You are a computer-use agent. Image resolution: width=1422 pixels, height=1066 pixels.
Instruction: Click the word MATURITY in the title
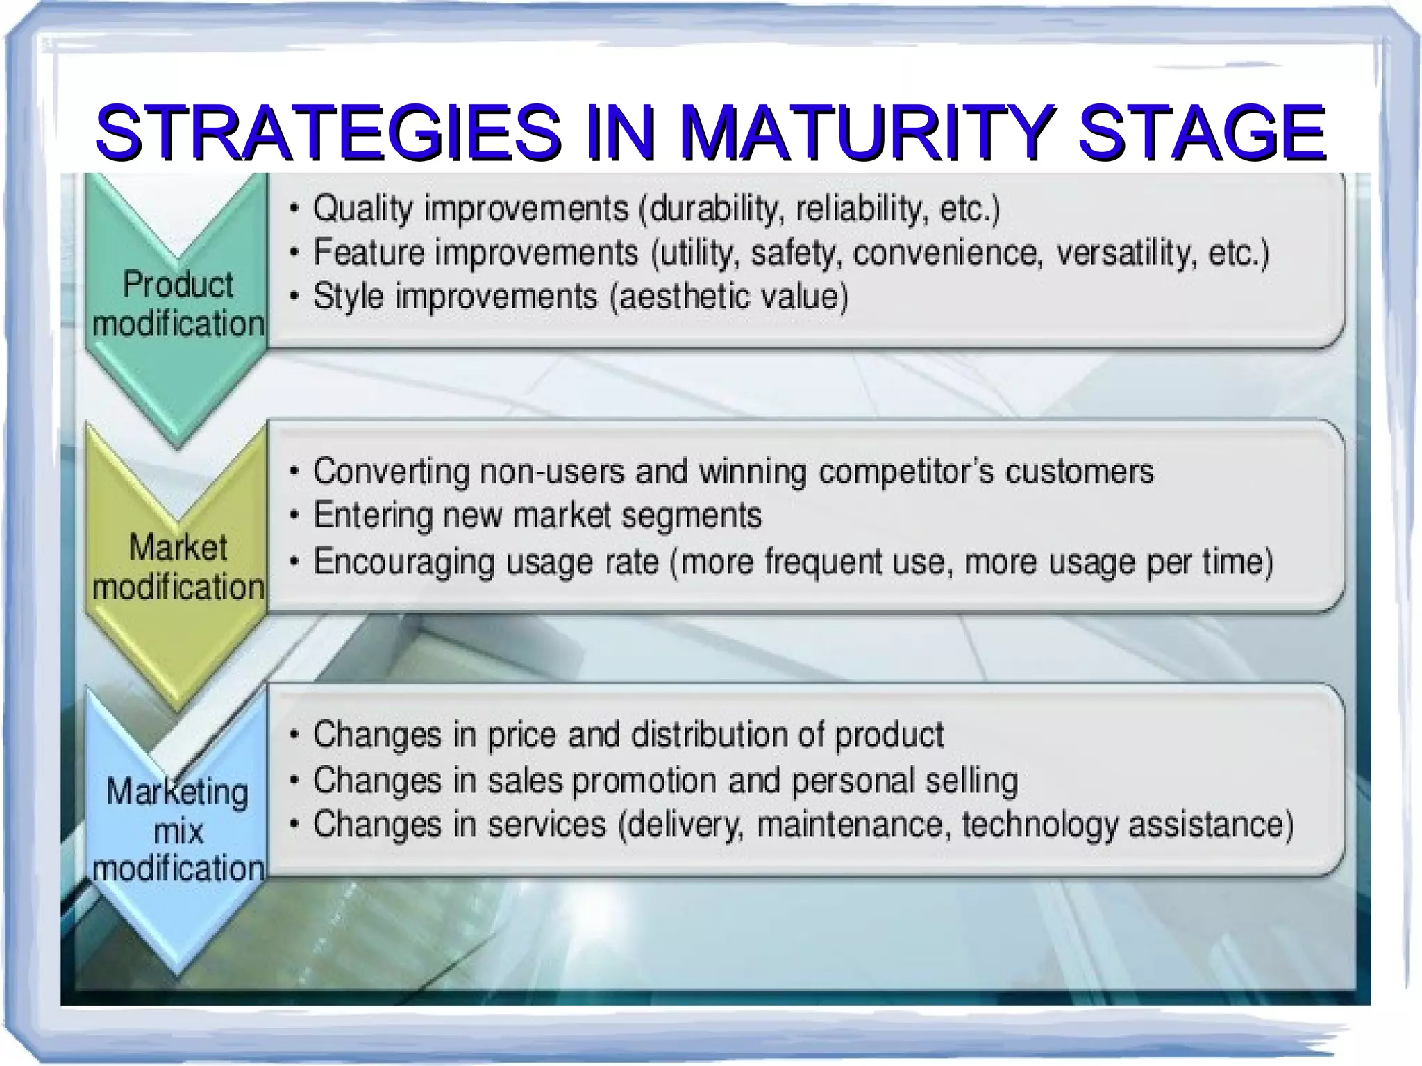pyautogui.click(x=868, y=132)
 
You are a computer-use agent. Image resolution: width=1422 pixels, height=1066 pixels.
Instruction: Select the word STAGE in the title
pyautogui.click(x=1201, y=132)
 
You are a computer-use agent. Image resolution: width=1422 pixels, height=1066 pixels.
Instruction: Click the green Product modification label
pyautogui.click(x=178, y=304)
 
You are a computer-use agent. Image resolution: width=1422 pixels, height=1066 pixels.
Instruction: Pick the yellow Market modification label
pyautogui.click(x=178, y=567)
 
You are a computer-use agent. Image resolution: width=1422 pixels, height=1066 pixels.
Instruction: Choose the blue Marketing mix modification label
pyautogui.click(x=178, y=830)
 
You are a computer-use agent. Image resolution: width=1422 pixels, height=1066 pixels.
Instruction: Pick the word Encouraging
pyautogui.click(x=403, y=561)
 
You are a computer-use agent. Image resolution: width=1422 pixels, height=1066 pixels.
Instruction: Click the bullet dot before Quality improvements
pyautogui.click(x=296, y=209)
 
